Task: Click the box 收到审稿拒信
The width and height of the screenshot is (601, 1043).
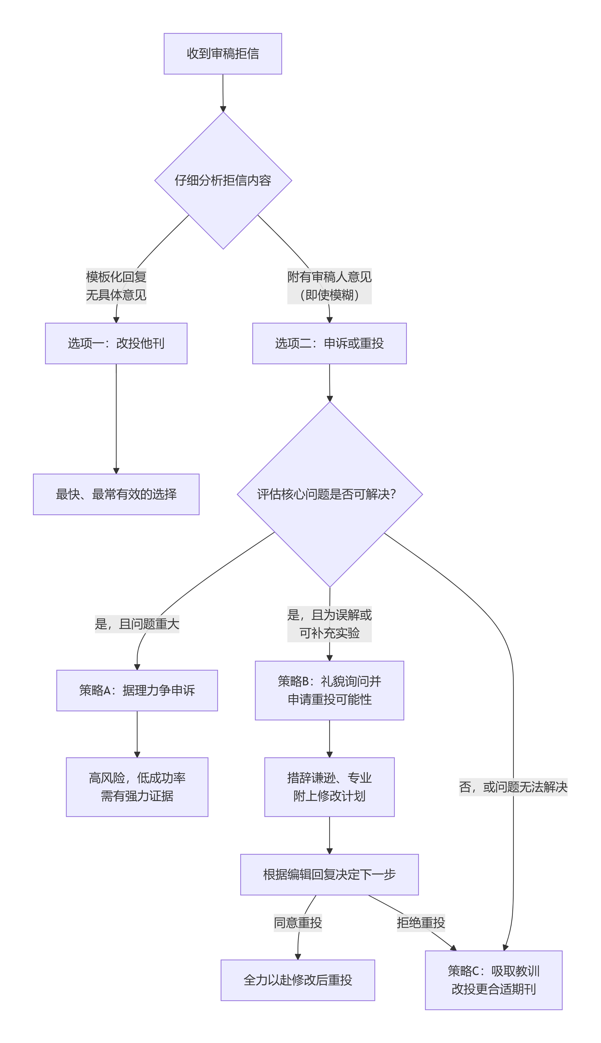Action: coord(223,54)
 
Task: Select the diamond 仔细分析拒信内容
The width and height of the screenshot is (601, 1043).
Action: coord(223,181)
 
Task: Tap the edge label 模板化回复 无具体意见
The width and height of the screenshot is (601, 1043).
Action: coord(116,286)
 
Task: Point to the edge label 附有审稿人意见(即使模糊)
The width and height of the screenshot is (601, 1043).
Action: coord(329,286)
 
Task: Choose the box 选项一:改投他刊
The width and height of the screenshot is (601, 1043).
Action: coord(116,343)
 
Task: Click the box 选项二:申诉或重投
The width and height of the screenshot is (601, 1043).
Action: coord(329,343)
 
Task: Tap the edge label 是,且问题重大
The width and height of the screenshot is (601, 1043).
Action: coord(137,624)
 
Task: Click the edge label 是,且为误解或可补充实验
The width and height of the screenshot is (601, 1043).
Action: coord(329,624)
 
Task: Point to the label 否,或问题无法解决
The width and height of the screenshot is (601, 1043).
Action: coord(513,787)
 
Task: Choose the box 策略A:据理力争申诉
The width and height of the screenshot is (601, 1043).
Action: coord(137,690)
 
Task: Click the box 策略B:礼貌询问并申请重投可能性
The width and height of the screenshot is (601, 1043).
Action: coord(329,690)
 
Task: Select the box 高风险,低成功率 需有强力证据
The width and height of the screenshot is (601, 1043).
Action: coord(137,787)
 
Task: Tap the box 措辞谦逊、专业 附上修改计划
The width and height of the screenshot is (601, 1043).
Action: coord(329,787)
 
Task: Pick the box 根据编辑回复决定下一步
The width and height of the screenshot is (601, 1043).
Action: coord(329,874)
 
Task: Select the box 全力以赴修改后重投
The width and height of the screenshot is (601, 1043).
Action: coord(297,980)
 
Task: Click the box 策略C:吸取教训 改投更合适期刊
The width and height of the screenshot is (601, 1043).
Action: coord(494,980)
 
